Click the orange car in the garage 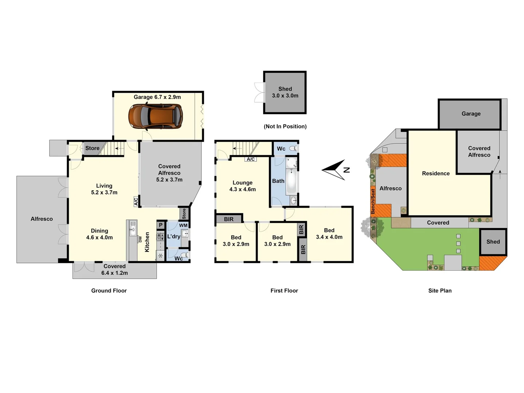155,116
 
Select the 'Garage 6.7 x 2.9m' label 157,97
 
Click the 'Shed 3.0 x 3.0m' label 285,92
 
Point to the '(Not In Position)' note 285,126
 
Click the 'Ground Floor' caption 109,290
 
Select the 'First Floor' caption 284,290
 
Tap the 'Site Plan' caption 440,290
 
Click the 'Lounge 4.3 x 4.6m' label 242,186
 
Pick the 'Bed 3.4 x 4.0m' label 329,234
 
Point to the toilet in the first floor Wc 293,148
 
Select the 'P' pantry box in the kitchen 161,225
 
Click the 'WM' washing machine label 183,225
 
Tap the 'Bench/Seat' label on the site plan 373,201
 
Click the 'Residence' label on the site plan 436,174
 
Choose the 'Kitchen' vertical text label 147,242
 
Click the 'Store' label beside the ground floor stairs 92,148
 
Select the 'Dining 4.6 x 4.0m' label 99,234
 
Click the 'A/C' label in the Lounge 251,159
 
